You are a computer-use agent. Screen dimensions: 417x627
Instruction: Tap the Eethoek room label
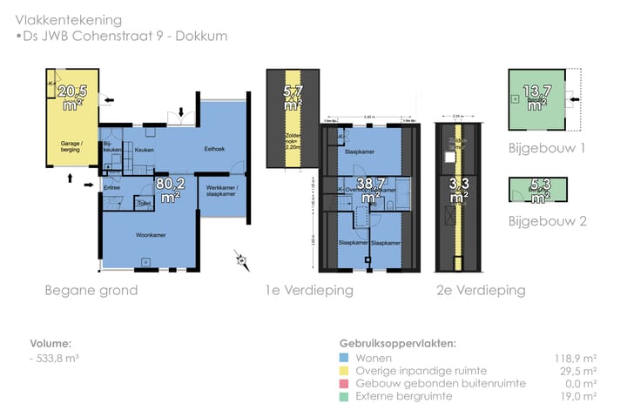tap(214, 149)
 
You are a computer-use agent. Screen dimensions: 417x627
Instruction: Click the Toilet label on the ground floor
tap(144, 204)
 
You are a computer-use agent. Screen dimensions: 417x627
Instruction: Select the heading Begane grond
tap(91, 291)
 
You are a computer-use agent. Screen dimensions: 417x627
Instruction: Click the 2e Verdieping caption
tap(481, 291)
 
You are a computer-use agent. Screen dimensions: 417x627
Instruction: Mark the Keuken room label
tap(144, 150)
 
